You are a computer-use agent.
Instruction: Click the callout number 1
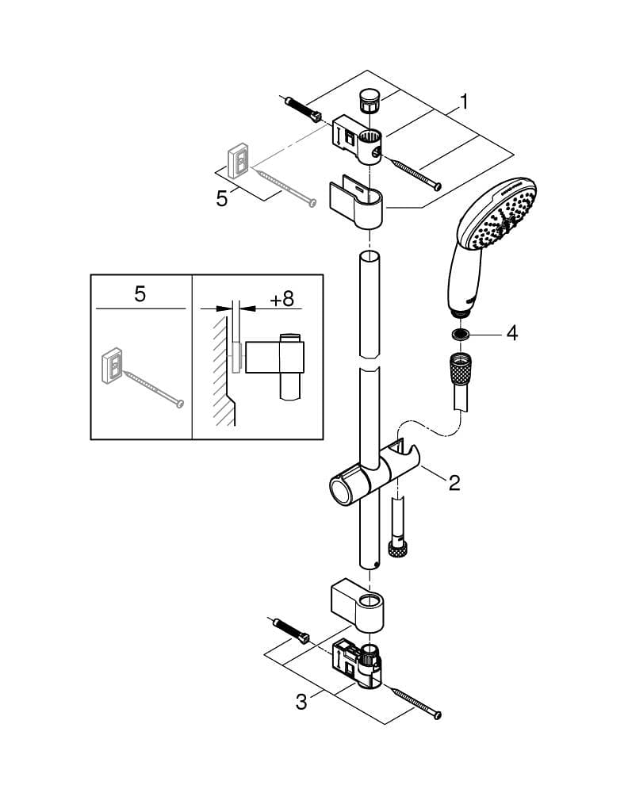click(x=463, y=102)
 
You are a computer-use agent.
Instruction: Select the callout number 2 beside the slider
click(x=454, y=482)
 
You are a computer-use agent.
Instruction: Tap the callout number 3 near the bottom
click(x=301, y=702)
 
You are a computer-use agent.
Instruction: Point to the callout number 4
click(x=511, y=333)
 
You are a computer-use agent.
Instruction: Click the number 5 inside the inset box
click(x=140, y=294)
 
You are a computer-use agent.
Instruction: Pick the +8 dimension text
click(x=281, y=299)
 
